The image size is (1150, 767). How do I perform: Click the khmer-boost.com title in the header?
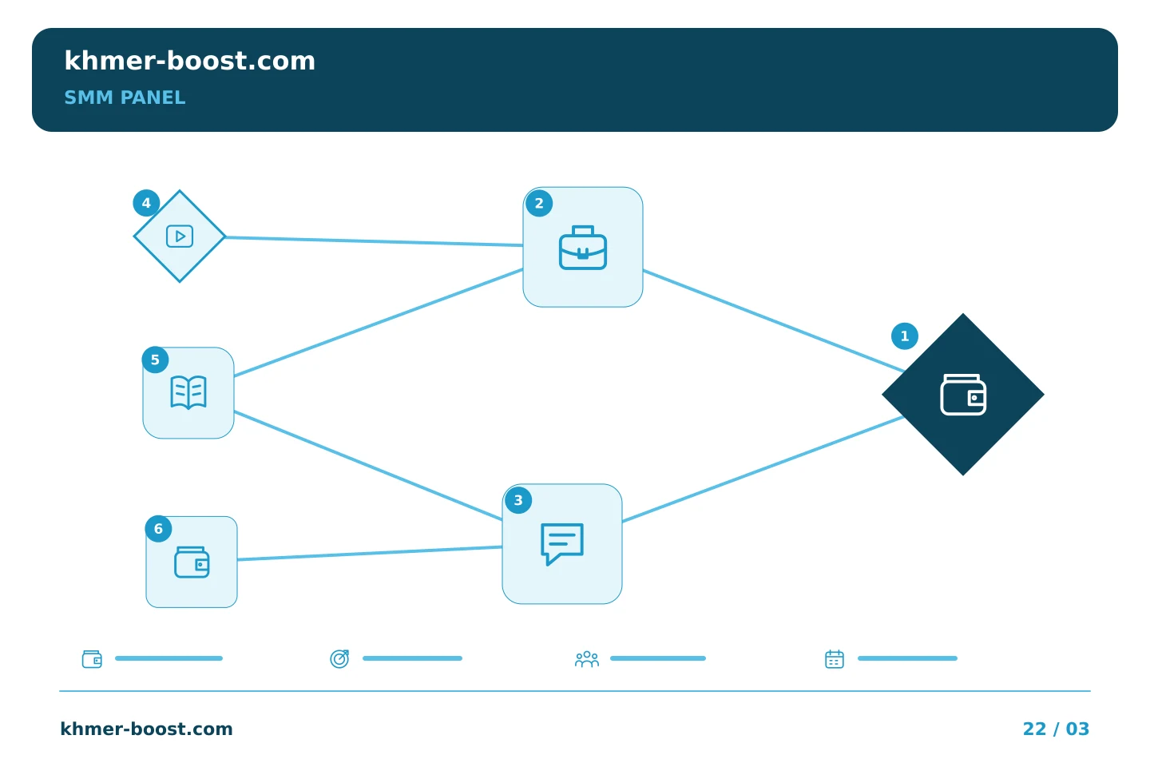tap(189, 61)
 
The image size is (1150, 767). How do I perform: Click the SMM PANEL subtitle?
tap(125, 97)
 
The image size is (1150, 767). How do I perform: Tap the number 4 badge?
tap(146, 203)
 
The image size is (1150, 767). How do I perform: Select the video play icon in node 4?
tap(180, 236)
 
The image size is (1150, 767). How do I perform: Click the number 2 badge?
tap(539, 204)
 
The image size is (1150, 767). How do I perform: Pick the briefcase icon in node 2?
tap(583, 247)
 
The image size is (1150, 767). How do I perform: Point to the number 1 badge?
tap(905, 336)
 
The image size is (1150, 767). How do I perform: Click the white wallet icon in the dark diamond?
tap(963, 395)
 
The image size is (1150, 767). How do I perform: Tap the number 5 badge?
tap(155, 360)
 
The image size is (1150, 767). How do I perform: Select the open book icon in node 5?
tap(188, 392)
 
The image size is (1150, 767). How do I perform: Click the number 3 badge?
tap(518, 500)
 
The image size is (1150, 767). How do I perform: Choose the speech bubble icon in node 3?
tap(562, 544)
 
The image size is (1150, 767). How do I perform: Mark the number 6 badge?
tap(158, 529)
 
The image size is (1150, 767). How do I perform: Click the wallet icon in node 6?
tap(192, 562)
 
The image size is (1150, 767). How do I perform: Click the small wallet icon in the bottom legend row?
tap(92, 659)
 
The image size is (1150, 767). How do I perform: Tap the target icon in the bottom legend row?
tap(339, 659)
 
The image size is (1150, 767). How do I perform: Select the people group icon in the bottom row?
tap(587, 659)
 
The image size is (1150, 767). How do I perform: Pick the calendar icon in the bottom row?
tap(835, 659)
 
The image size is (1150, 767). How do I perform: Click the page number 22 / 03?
tap(1056, 729)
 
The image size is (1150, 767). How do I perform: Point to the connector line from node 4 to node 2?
tap(375, 241)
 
